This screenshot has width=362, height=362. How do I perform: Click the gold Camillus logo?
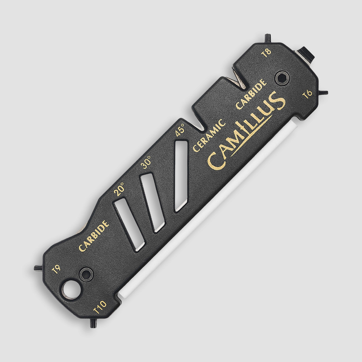pyautogui.click(x=246, y=130)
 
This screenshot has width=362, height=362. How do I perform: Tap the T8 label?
pyautogui.click(x=266, y=53)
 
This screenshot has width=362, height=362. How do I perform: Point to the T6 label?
pyautogui.click(x=307, y=94)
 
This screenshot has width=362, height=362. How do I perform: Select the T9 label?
pyautogui.click(x=56, y=269)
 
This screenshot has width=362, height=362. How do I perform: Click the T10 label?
pyautogui.click(x=100, y=307)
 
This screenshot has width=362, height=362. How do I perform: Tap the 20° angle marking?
pyautogui.click(x=119, y=189)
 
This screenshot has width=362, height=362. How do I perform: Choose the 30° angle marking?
pyautogui.click(x=146, y=162)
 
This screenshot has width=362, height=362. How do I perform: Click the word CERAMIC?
pyautogui.click(x=209, y=135)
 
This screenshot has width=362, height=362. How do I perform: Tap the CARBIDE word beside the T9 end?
pyautogui.click(x=94, y=236)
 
